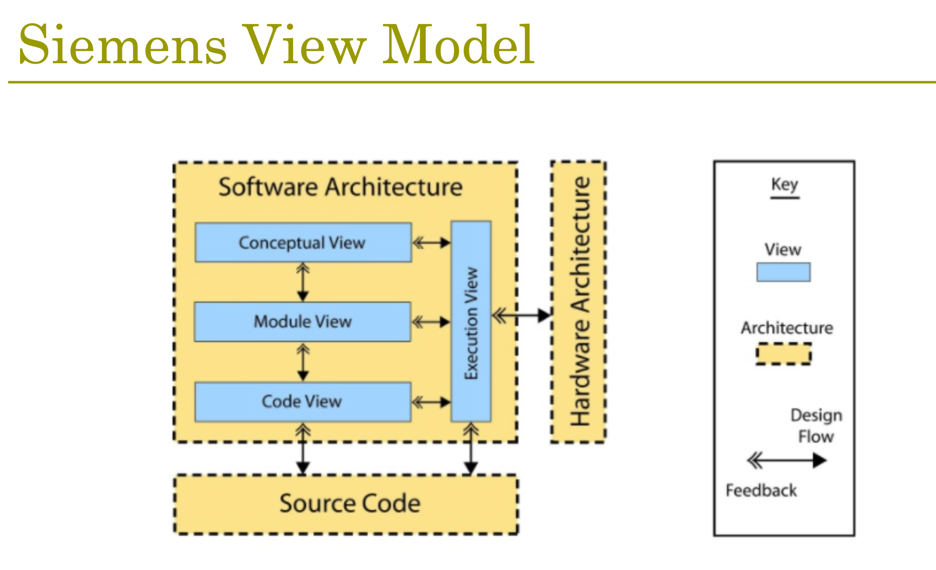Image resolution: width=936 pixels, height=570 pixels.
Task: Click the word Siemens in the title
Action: click(123, 45)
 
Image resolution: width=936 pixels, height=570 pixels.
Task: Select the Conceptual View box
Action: click(303, 243)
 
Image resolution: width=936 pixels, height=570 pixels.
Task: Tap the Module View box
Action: click(303, 322)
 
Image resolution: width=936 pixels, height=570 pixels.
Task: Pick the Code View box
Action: click(303, 402)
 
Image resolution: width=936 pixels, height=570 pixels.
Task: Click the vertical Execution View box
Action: click(471, 322)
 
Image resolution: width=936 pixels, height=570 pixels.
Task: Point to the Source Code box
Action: click(346, 504)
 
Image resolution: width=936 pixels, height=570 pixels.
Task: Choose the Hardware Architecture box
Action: click(578, 302)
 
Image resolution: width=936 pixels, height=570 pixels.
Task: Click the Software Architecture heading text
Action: click(341, 187)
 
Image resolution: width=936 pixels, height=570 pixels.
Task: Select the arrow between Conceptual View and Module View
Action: click(303, 282)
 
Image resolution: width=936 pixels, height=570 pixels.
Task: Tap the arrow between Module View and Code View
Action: click(303, 362)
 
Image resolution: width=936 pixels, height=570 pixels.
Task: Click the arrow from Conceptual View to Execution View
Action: click(431, 243)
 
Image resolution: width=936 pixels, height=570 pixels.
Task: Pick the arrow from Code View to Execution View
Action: click(431, 402)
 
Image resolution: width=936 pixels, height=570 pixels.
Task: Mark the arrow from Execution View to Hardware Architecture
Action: click(521, 315)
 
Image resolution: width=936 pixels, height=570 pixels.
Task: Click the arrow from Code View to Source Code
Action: click(303, 449)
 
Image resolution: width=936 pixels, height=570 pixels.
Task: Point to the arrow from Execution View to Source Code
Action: click(471, 449)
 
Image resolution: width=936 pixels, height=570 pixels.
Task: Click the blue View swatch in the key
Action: click(784, 272)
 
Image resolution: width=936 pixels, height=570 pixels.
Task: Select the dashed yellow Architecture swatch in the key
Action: click(784, 354)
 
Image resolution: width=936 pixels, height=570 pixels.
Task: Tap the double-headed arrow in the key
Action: click(787, 461)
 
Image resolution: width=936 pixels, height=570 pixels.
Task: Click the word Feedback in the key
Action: click(761, 491)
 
